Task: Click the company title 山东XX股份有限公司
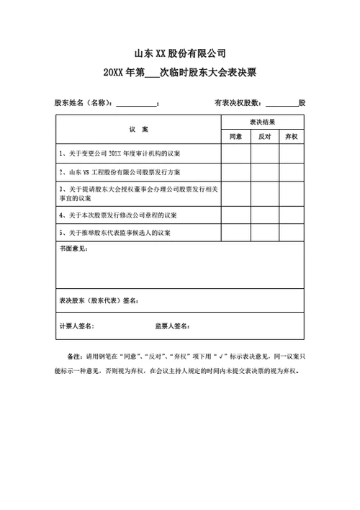pyautogui.click(x=180, y=54)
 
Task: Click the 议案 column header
pyautogui.click(x=138, y=129)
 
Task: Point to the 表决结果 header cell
pyautogui.click(x=262, y=122)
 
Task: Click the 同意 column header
pyautogui.click(x=235, y=136)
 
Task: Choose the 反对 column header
pyautogui.click(x=264, y=136)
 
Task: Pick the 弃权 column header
pyautogui.click(x=290, y=136)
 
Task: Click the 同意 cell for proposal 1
pyautogui.click(x=235, y=154)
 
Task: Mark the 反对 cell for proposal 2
pyautogui.click(x=264, y=173)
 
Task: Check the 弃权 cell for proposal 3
pyautogui.click(x=290, y=192)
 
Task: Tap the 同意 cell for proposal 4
pyautogui.click(x=235, y=215)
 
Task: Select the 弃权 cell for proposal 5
pyautogui.click(x=290, y=233)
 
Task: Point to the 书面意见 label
pyautogui.click(x=73, y=249)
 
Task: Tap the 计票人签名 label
pyautogui.click(x=77, y=326)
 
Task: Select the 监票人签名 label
pyautogui.click(x=173, y=326)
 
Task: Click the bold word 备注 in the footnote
pyautogui.click(x=73, y=357)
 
